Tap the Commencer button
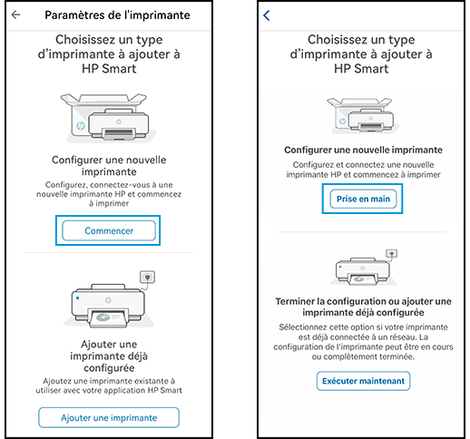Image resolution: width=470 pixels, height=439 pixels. coord(109,230)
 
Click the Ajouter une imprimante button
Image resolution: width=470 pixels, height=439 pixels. coord(109,417)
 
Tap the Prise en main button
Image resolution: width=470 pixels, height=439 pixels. coord(363,199)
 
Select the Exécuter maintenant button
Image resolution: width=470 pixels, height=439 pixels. coord(363,381)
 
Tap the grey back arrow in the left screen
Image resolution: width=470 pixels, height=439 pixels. coord(15,15)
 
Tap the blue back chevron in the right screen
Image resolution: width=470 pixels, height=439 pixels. coord(267,15)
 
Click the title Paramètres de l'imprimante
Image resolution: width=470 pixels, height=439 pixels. coord(117,15)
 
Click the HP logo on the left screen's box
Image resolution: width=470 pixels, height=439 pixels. coord(81,125)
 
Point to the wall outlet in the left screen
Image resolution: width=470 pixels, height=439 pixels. coord(147,277)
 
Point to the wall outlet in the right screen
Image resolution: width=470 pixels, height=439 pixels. coord(391,253)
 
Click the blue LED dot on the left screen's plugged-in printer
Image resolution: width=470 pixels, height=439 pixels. coord(78,298)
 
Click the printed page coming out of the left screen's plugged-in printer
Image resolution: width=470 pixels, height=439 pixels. coord(108,318)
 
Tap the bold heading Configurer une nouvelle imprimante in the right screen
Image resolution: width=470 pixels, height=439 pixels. coord(363,150)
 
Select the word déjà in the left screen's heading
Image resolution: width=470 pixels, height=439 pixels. coord(137,356)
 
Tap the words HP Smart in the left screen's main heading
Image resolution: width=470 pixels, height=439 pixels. coord(109,69)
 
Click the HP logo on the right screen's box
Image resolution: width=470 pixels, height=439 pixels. coord(342,122)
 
